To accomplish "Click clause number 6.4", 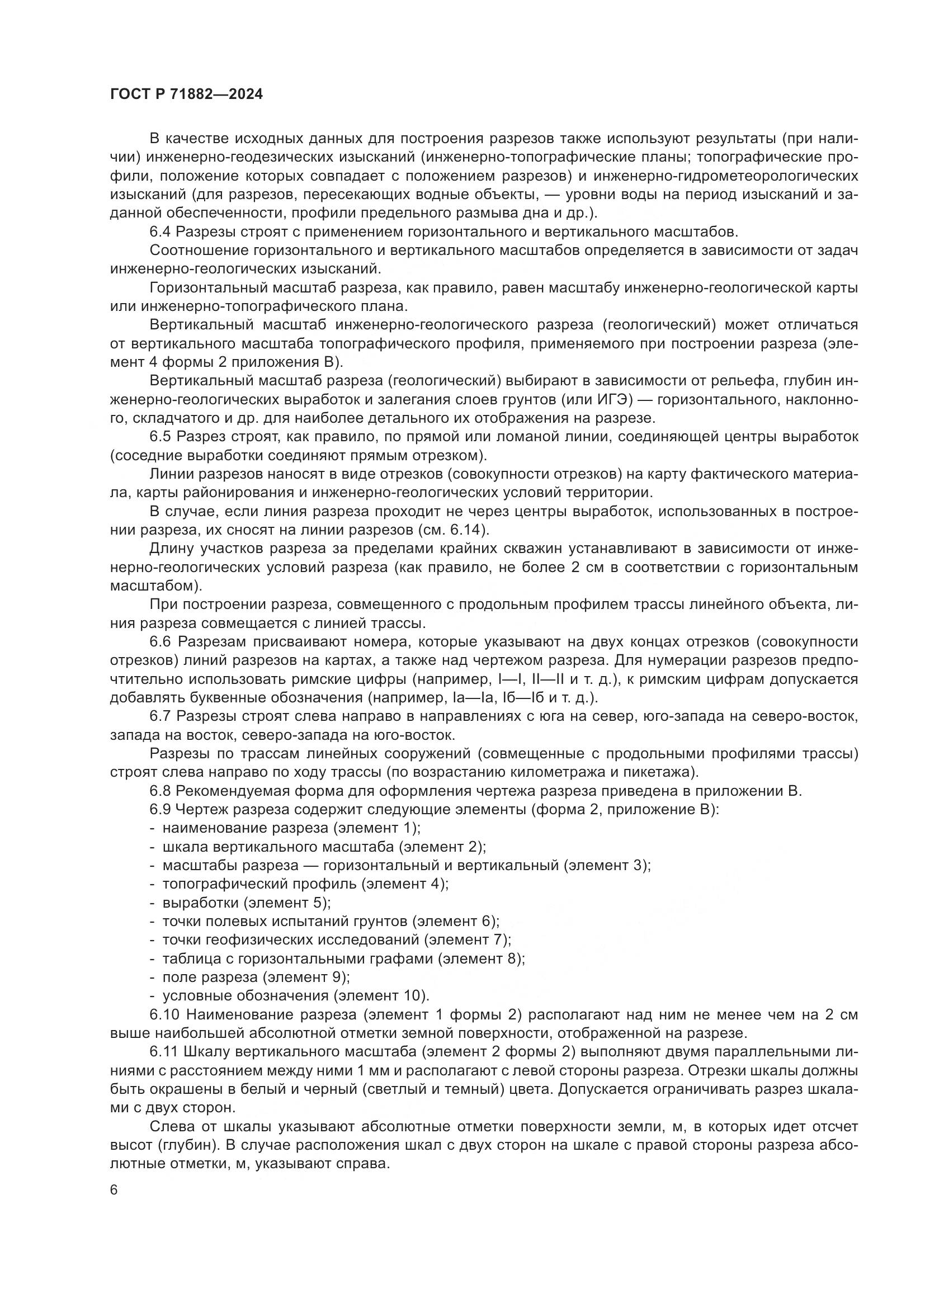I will (x=160, y=232).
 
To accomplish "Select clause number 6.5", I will (x=160, y=437).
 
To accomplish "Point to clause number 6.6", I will (x=160, y=642).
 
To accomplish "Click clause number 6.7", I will (x=160, y=717).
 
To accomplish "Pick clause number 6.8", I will (x=160, y=791).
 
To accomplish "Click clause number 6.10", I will (x=164, y=1014).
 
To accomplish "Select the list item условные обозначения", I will (x=246, y=996).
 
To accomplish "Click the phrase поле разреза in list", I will (x=210, y=978).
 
